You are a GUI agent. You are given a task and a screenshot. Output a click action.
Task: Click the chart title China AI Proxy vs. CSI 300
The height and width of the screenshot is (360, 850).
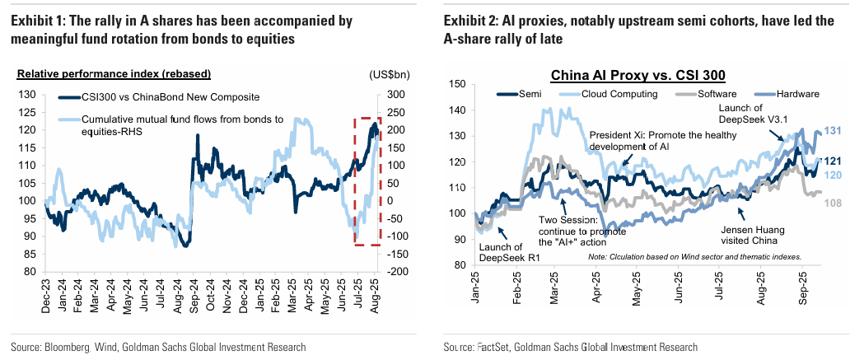tap(637, 76)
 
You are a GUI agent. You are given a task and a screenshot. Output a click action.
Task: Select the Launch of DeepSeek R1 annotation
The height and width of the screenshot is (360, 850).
tap(501, 253)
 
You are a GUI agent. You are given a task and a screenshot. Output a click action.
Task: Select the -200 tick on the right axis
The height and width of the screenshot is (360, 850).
tap(393, 271)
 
